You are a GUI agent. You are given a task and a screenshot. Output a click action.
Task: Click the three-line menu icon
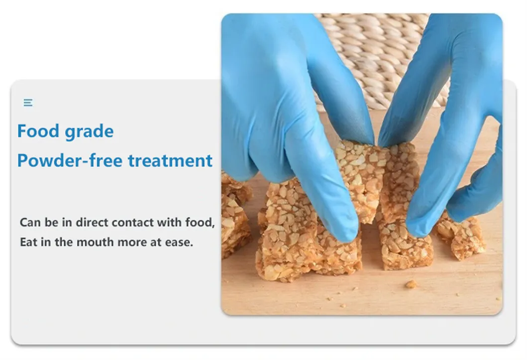pos(28,103)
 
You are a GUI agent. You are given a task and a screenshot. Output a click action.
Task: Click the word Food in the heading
pos(38,131)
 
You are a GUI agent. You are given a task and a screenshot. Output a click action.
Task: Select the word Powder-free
pos(70,160)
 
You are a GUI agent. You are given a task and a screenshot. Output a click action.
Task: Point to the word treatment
pos(170,161)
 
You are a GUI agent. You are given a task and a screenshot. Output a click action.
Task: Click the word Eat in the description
pos(28,242)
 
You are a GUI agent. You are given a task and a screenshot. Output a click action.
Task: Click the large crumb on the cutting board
pos(411,284)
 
